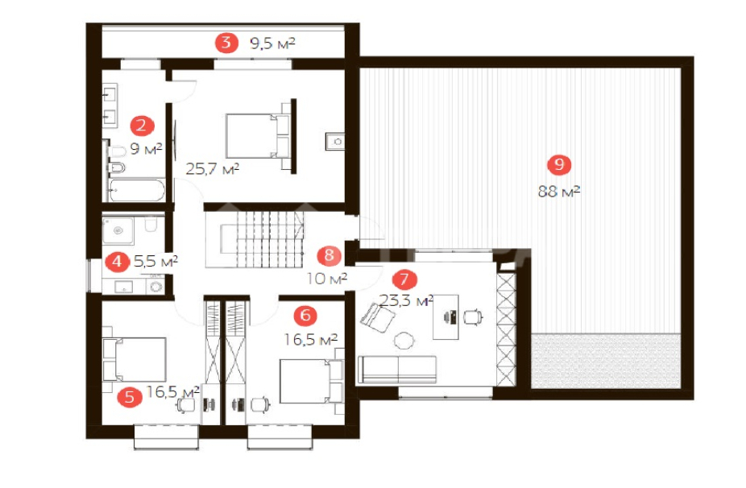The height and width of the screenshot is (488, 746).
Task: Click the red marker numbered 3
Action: [226, 43]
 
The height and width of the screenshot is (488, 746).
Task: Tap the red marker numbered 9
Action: [559, 164]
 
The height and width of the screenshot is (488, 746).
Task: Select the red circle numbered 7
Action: [404, 279]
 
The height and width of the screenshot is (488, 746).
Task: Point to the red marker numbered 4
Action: [117, 262]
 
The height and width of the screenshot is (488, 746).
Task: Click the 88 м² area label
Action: [559, 191]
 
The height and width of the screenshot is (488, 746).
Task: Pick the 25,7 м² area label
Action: [212, 168]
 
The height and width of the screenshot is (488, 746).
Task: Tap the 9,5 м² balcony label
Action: [272, 43]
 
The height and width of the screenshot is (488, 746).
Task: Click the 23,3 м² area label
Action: [406, 300]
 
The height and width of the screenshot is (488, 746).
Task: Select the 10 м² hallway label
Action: [327, 278]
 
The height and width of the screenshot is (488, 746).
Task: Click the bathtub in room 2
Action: [137, 191]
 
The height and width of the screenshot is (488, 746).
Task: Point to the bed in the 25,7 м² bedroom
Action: [257, 136]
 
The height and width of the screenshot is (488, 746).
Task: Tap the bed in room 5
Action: [135, 359]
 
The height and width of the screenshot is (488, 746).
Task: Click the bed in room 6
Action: [311, 382]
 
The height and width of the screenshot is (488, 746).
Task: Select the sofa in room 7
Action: [397, 369]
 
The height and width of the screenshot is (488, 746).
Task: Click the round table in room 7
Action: [404, 340]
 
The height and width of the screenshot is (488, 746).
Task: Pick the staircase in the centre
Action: [262, 239]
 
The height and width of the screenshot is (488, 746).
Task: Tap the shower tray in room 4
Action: [118, 231]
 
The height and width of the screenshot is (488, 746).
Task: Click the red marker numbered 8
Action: [329, 255]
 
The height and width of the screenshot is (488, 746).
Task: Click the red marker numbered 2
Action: [141, 126]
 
